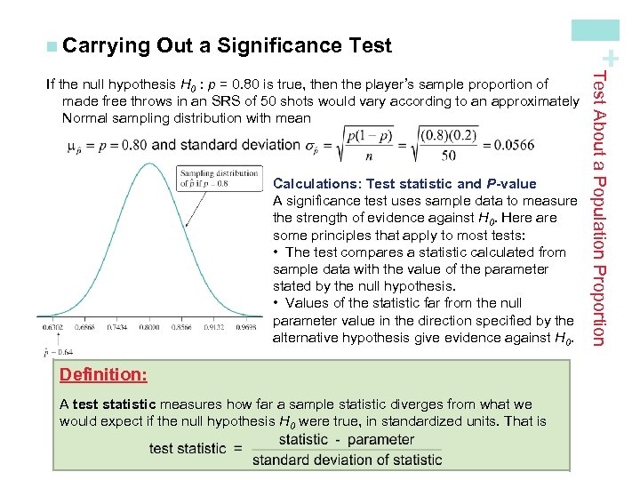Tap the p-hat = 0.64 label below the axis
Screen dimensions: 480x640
pos(59,351)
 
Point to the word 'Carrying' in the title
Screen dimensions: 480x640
pos(106,44)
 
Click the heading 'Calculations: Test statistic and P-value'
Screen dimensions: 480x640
pos(404,184)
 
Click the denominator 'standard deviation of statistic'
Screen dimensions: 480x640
pos(347,460)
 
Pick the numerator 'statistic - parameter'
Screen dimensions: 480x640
pos(346,439)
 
